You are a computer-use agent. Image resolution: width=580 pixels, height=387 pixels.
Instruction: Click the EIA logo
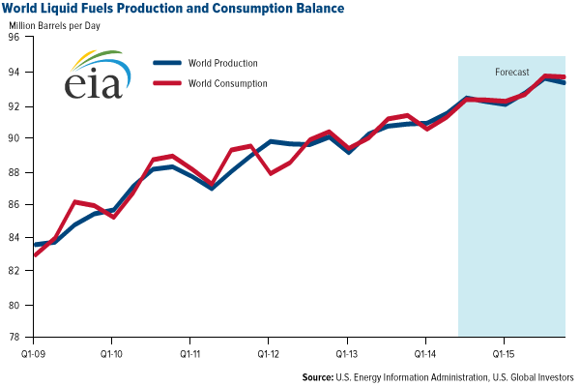pyautogui.click(x=95, y=74)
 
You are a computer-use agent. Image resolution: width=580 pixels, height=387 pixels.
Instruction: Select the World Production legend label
pyautogui.click(x=224, y=64)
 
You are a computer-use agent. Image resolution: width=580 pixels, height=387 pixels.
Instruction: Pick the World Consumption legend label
pyautogui.click(x=229, y=83)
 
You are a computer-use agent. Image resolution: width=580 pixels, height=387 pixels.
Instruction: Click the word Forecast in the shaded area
pyautogui.click(x=511, y=73)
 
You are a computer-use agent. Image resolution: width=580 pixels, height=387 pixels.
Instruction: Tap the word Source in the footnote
pyautogui.click(x=321, y=376)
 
